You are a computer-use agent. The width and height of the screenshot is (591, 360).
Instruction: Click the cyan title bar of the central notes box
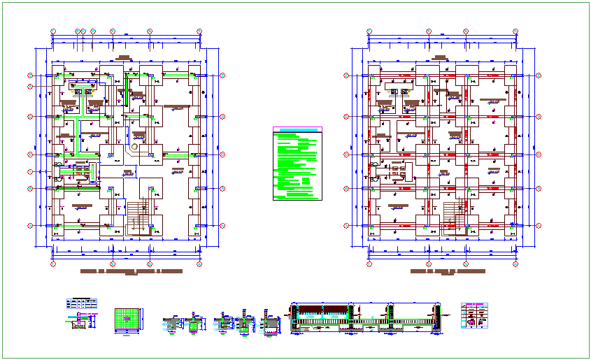tap(298, 129)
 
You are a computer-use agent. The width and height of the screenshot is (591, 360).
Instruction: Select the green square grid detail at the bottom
tap(127, 319)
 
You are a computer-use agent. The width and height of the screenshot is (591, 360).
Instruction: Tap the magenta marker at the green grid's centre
tap(127, 318)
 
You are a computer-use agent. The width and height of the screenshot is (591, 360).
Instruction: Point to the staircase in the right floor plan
tap(451, 217)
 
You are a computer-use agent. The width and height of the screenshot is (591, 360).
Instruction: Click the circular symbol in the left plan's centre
tap(134, 146)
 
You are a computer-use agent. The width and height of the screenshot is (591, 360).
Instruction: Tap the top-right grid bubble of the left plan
tap(199, 31)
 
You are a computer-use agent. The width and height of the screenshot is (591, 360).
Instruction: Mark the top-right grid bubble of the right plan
tap(515, 31)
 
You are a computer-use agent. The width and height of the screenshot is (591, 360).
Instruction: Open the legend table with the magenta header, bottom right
tap(475, 316)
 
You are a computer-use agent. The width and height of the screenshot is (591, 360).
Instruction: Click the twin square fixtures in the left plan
tap(83, 92)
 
